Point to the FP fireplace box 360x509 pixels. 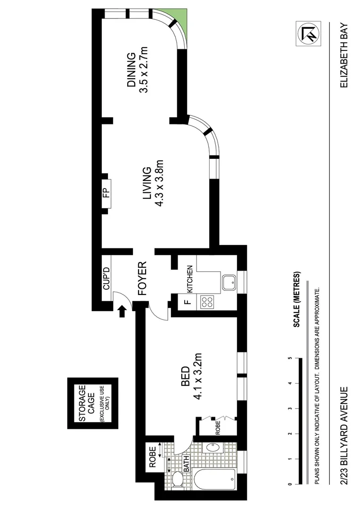106,193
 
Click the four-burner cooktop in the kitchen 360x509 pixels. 207,302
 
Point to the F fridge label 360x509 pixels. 187,302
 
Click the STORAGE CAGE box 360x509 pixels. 92,403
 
